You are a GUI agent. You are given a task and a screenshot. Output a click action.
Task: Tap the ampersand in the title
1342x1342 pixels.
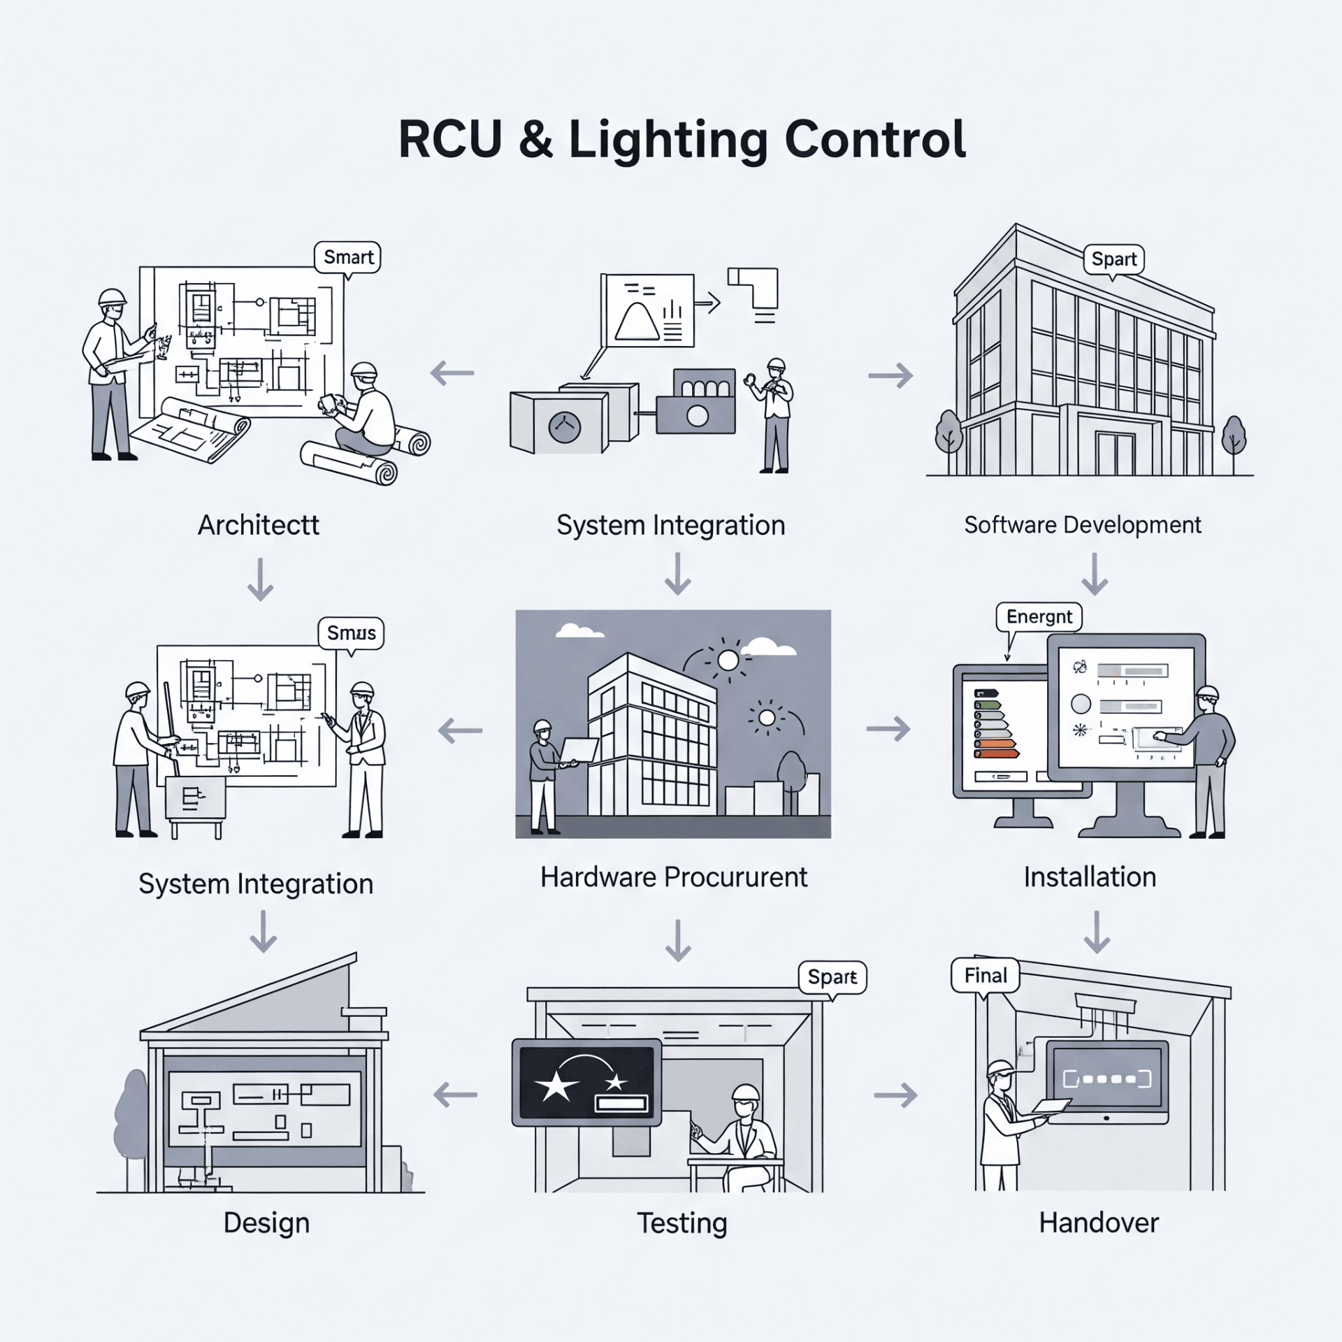(535, 139)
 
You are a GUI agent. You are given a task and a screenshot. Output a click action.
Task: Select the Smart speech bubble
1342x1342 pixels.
(347, 257)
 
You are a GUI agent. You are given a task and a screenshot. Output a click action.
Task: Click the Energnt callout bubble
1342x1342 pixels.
(1039, 616)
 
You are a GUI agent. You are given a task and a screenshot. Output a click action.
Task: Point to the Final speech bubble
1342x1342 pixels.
(986, 975)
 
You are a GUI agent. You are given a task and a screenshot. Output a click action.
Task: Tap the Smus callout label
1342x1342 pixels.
(351, 633)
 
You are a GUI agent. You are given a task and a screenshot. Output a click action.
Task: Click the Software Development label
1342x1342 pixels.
(1082, 525)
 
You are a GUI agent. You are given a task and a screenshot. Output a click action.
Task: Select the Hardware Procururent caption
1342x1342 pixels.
(673, 877)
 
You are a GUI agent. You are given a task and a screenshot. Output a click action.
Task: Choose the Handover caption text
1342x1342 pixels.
(1098, 1222)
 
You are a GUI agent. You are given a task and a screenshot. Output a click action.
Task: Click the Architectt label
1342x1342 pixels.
(258, 525)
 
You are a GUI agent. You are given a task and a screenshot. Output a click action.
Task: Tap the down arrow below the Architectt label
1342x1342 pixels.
(260, 579)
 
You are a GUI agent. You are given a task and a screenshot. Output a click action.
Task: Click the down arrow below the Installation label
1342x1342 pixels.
(1096, 932)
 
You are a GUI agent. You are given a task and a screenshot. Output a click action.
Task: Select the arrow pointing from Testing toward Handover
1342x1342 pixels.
(895, 1095)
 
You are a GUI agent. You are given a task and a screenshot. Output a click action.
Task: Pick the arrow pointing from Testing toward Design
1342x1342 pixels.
(456, 1095)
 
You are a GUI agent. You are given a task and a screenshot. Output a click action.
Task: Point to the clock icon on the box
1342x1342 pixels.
(564, 427)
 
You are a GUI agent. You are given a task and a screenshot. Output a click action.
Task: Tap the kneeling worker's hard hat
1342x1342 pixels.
(363, 370)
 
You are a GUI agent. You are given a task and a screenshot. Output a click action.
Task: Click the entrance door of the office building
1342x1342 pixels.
(1115, 454)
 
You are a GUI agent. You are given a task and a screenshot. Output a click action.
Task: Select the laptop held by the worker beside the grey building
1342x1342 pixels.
(579, 750)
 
